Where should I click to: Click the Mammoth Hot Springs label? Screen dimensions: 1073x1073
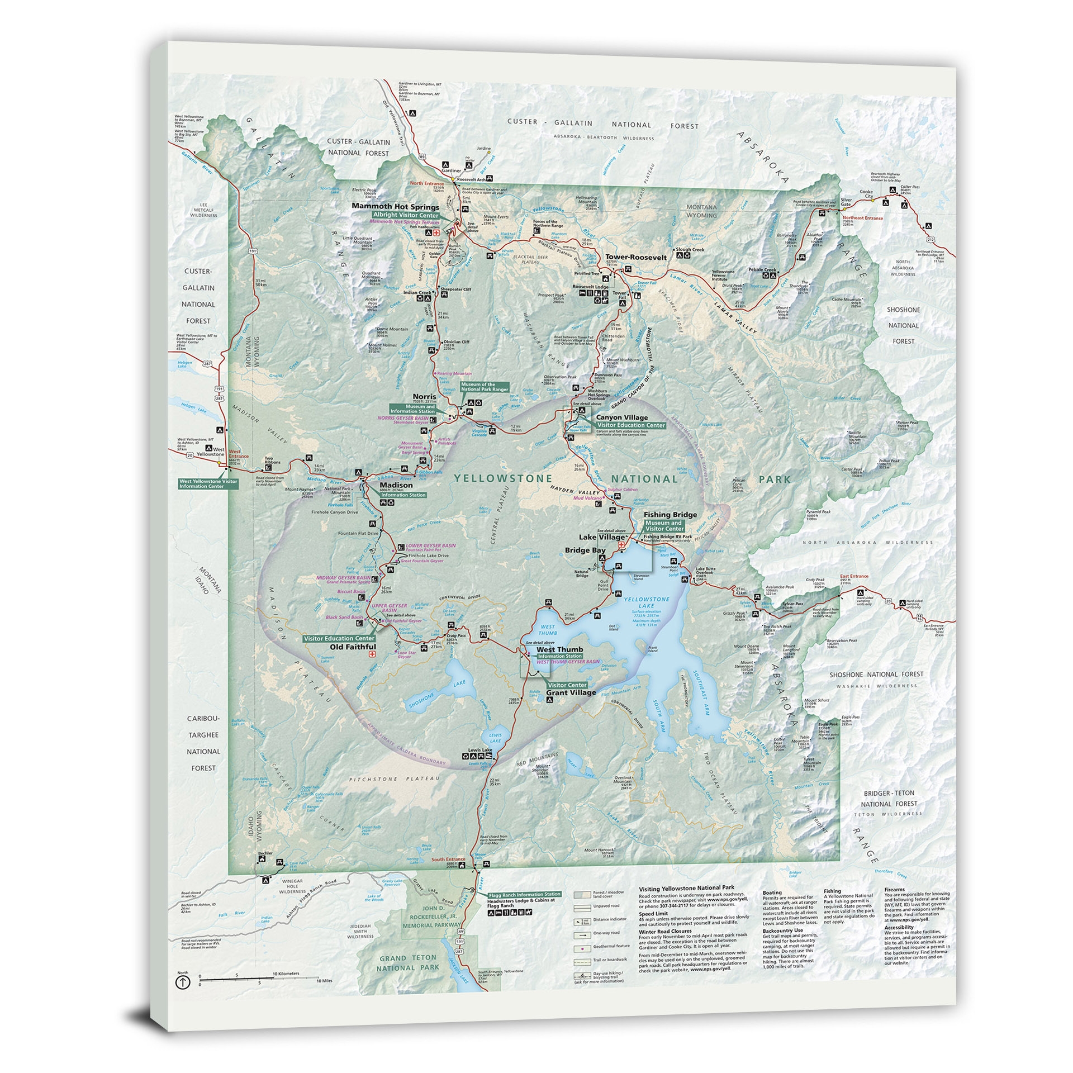coord(395,207)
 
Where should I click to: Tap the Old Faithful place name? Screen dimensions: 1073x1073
coord(353,647)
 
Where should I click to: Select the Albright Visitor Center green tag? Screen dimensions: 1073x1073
coord(406,215)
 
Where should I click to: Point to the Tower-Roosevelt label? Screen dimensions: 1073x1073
coord(636,258)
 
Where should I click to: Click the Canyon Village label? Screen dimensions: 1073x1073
coord(621,417)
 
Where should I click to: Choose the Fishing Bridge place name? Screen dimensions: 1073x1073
coord(670,515)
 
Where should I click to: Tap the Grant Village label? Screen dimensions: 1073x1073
coord(571,692)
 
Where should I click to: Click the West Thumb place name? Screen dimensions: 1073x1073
coord(559,649)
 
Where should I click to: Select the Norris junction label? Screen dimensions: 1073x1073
coord(424,396)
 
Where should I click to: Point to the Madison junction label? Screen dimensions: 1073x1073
coord(398,485)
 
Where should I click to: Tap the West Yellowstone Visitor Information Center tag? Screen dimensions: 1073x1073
coord(208,483)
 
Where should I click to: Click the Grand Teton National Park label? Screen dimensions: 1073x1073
coord(407,962)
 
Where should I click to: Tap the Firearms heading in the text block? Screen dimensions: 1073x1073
coord(894,890)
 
